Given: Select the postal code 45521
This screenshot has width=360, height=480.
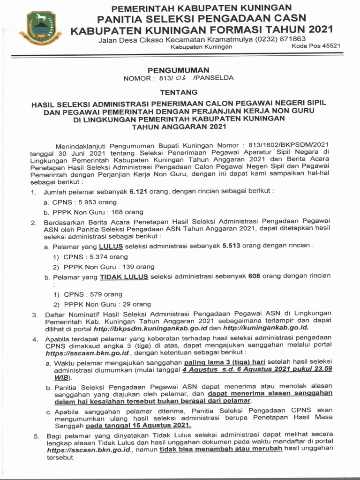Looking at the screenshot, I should (x=329, y=46).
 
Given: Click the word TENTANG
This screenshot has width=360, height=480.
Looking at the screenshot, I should (x=179, y=92).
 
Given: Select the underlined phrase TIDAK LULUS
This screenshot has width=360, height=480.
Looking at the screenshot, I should (x=124, y=277).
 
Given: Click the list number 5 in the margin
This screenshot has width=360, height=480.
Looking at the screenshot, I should (x=36, y=436).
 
